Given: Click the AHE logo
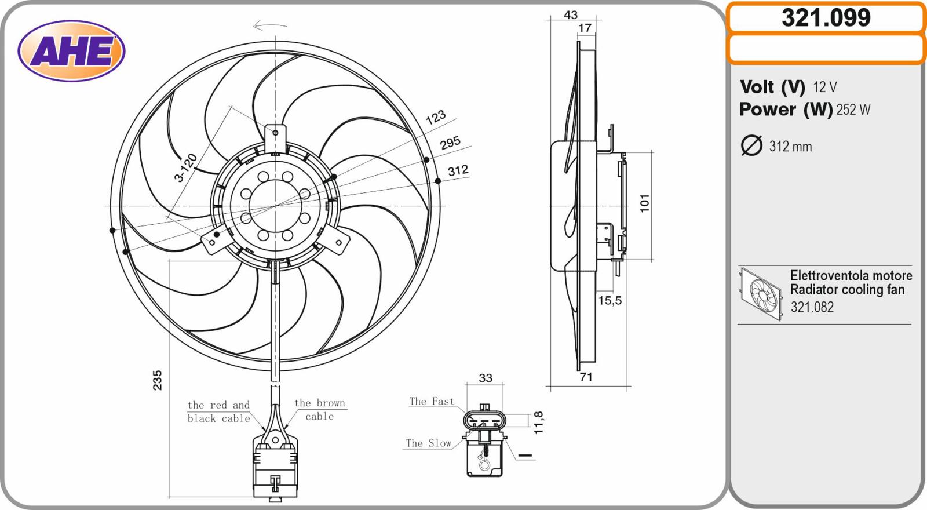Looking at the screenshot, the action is [71, 51].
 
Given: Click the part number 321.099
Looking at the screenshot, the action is [826, 18].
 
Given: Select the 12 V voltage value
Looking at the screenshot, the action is [825, 87].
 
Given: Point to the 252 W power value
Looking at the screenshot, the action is [853, 110].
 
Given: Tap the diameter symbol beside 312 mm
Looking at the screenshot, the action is [751, 145].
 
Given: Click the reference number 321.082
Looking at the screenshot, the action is [812, 307].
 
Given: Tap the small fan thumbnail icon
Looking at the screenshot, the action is [761, 294].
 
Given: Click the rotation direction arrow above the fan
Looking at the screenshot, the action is [270, 25].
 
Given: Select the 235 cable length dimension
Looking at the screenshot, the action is [158, 380].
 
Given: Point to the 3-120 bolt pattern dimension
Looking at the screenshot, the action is [185, 168].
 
